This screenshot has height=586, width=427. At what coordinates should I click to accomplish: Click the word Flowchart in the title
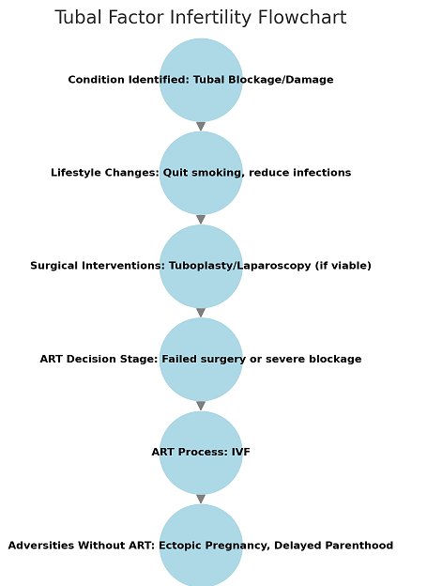click(x=302, y=18)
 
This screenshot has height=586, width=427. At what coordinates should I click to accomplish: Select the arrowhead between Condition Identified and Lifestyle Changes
click(x=201, y=127)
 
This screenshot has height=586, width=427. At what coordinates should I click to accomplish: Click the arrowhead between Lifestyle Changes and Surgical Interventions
click(x=201, y=220)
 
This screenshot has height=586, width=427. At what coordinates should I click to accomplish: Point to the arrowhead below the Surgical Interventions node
click(x=201, y=313)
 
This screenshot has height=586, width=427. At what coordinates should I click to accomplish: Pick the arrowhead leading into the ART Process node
click(x=201, y=406)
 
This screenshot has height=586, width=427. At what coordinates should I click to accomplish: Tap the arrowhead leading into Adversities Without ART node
click(x=201, y=499)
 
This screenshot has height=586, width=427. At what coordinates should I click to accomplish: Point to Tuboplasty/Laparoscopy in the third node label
click(x=240, y=266)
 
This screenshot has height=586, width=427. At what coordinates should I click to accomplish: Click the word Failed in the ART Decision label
click(x=179, y=359)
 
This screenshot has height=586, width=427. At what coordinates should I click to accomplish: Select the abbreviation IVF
click(x=240, y=452)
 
